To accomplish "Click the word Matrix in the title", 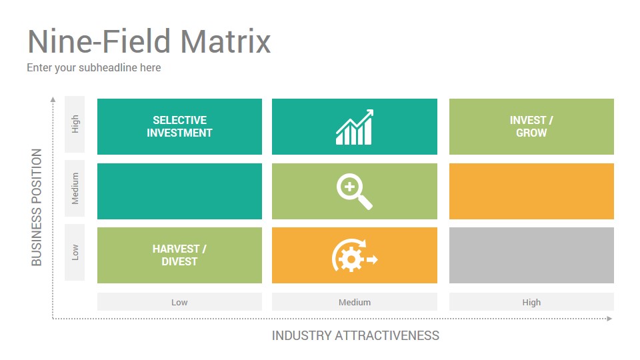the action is pos(225,41).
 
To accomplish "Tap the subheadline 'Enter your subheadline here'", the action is pos(94,68).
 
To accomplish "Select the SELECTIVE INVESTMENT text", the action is pos(179,127).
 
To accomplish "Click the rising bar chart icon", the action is pos(355,127).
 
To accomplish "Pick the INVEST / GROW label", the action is pos(531,127).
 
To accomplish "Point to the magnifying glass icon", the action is pos(354,191).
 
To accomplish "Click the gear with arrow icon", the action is pos(355,255).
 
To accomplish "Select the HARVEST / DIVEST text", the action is pos(179,255).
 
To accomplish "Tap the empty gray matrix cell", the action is pos(531,255).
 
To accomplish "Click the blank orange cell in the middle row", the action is pos(531,191).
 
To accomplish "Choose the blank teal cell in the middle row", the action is pos(179,191).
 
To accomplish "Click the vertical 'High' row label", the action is pos(75,124).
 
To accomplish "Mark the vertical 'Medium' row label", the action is pos(75,189).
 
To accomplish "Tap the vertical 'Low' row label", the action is pos(75,252).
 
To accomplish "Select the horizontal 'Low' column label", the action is pos(179,303).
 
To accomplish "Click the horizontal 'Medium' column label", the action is pos(355,303).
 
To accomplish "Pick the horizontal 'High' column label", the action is pos(531,303).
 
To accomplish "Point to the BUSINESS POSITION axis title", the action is pos(37,207).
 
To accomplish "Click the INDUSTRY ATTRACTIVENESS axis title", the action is pos(355,335).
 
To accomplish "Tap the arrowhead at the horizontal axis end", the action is pos(610,319).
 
